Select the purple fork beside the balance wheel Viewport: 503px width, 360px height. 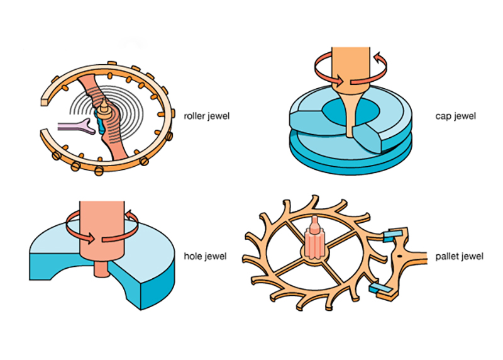point(75,127)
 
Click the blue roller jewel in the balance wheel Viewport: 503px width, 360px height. point(99,120)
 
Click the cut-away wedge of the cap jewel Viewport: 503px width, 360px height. point(371,135)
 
